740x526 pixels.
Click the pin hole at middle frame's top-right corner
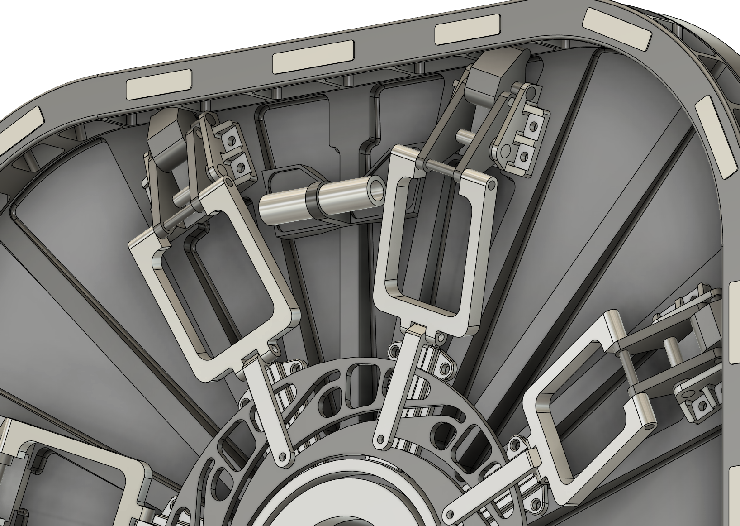pos(492,185)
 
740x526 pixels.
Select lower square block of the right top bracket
pos(524,156)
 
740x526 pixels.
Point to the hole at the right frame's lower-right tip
pos(650,427)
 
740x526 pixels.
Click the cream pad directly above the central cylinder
pos(313,57)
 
